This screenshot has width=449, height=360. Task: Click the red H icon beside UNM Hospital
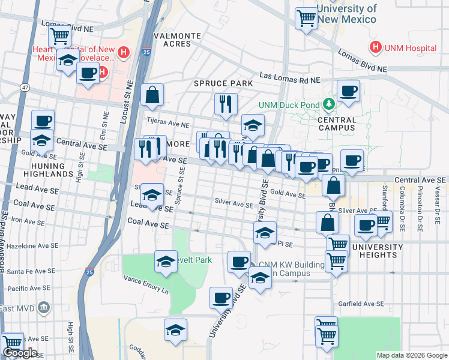pos(376,46)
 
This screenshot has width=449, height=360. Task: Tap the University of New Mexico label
pos(346,14)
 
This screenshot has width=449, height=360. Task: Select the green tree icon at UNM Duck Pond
pos(328,105)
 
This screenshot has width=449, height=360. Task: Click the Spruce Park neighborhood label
pos(214,83)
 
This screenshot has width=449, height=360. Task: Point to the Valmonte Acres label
pos(177,40)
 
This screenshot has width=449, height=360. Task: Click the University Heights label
pos(378,251)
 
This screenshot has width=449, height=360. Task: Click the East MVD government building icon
pos(43,308)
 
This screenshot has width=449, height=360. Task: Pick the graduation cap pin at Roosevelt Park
pos(166,261)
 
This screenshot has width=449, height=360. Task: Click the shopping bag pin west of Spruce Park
pos(152,94)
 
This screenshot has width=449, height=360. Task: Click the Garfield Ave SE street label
pos(360,304)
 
